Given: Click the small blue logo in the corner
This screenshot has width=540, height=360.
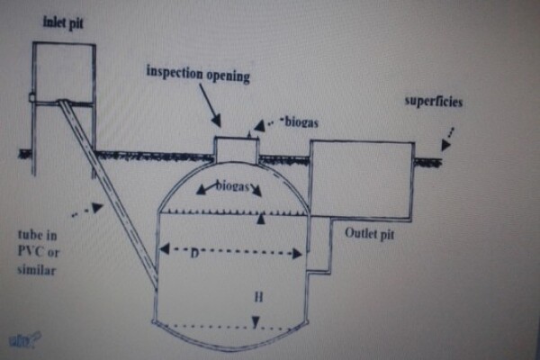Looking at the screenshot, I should [x=19, y=339].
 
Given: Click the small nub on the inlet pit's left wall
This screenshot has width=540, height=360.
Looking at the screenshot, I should [x=31, y=96].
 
